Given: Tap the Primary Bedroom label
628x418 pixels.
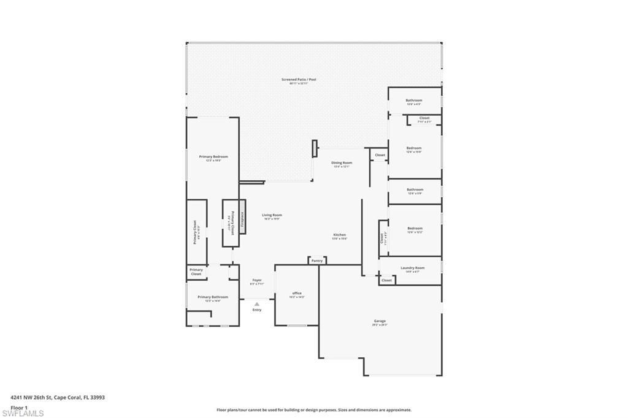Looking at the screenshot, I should [213, 157].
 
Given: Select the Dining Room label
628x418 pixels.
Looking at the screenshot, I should [342, 163].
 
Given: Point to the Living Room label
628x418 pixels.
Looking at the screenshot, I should [272, 215].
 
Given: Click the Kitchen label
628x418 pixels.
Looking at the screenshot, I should [340, 235].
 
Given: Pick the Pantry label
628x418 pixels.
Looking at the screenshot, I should [316, 261].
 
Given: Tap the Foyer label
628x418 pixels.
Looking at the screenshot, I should [257, 281].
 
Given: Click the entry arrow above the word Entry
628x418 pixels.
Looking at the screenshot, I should [257, 303].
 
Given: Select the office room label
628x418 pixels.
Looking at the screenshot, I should [297, 294].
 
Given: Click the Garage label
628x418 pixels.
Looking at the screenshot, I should [380, 321].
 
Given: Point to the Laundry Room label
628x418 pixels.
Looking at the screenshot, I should [412, 268].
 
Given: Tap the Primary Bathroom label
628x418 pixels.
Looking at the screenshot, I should [213, 297].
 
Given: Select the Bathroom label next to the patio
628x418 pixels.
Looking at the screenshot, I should [414, 101].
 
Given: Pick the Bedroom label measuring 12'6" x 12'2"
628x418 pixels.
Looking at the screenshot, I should [415, 229].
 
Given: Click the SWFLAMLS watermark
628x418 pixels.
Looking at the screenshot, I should [23, 413].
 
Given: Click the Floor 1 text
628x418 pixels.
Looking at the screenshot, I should [19, 407].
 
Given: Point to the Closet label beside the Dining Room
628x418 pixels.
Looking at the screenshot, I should [380, 156].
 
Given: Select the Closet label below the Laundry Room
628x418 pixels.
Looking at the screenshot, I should [386, 280].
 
